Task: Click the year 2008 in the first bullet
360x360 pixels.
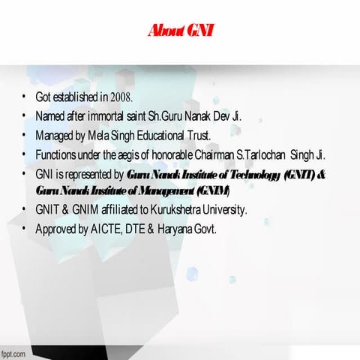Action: (121, 97)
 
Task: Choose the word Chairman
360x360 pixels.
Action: (222, 155)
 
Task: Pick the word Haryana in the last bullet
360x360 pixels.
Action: (173, 229)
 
